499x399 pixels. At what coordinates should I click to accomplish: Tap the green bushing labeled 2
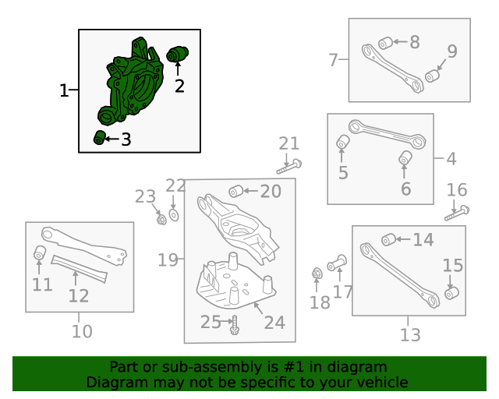pos(177,55)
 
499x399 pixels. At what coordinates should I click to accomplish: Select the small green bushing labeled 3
pos(100,137)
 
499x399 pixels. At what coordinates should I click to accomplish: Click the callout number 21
pos(289,143)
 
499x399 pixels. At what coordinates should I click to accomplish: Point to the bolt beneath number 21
pos(289,167)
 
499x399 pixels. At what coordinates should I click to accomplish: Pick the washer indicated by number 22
pos(174,215)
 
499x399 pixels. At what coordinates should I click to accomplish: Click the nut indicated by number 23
pos(161,219)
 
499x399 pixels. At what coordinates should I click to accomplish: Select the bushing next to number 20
pos(235,191)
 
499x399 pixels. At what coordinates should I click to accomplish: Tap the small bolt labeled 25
pos(235,325)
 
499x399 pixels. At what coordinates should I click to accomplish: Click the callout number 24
pos(274,323)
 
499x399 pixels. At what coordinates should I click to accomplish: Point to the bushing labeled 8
pos(386,44)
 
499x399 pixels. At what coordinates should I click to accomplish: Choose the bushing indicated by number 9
pos(433,76)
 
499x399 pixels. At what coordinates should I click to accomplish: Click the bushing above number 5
pos(343,142)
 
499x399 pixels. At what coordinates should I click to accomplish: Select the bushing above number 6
pos(405,158)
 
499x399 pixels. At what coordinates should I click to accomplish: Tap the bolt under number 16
pos(457,214)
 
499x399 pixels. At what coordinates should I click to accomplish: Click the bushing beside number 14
pos(388,239)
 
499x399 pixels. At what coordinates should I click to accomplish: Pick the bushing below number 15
pos(451,293)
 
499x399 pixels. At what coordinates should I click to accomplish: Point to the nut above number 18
pos(317,274)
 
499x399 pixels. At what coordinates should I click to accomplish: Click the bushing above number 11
pos(40,252)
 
